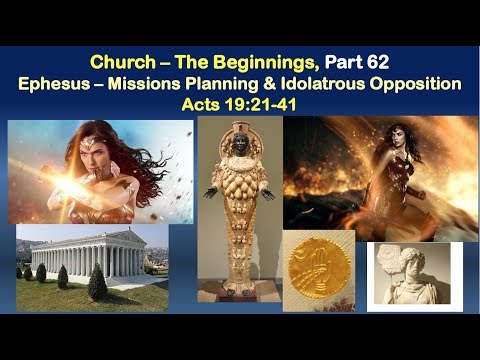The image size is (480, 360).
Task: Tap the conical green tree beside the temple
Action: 97,284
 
